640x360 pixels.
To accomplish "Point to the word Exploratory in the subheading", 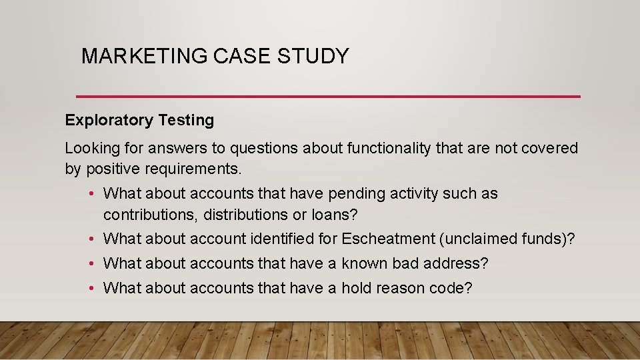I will (x=109, y=121).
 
